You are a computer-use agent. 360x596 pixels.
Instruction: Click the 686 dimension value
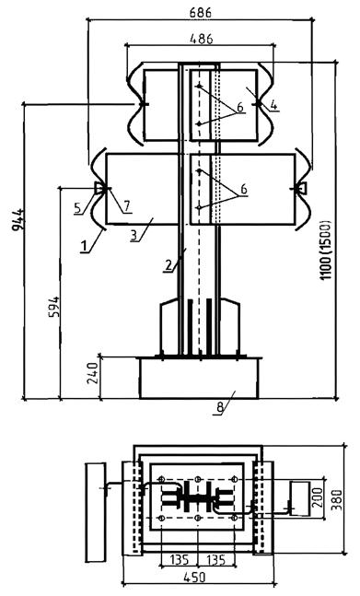[x=200, y=13]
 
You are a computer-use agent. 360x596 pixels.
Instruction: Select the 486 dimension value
[x=202, y=39]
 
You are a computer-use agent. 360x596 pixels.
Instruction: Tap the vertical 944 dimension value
[x=17, y=219]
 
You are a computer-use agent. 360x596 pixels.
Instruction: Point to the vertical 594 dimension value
[x=54, y=307]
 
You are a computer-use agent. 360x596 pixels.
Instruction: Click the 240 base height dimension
[x=93, y=373]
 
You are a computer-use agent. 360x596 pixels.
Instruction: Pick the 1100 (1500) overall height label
[x=326, y=250]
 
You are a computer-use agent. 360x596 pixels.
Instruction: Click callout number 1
[x=85, y=247]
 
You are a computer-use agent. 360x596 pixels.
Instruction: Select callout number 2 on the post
[x=169, y=265]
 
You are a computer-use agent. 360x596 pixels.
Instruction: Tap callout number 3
[x=134, y=236]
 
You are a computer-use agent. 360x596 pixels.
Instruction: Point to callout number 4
[x=273, y=104]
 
